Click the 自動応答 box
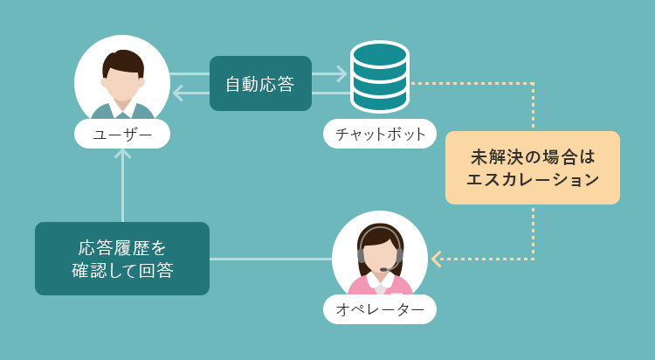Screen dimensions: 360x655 pos(260,84)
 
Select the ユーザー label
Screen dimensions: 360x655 pos(122,135)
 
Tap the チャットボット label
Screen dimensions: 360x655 pos(380,135)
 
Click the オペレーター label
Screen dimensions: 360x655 pos(380,309)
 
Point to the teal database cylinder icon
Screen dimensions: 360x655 pos(380,77)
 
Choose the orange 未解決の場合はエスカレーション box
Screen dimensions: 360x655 pos(533,168)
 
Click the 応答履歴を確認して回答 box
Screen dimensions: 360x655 pos(122,259)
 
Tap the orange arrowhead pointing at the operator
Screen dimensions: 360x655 pos(436,259)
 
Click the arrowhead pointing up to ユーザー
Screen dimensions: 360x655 pos(122,154)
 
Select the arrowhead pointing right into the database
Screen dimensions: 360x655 pos(342,74)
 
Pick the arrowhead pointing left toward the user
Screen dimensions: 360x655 pos(178,93)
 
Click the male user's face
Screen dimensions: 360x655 pos(122,84)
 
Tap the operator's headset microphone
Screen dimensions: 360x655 pos(383,269)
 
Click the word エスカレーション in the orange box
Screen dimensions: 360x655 pos(533,180)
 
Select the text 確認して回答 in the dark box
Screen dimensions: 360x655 pos(122,271)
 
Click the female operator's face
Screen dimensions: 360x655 pos(379,254)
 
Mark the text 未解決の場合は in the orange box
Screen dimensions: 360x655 pos(533,157)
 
